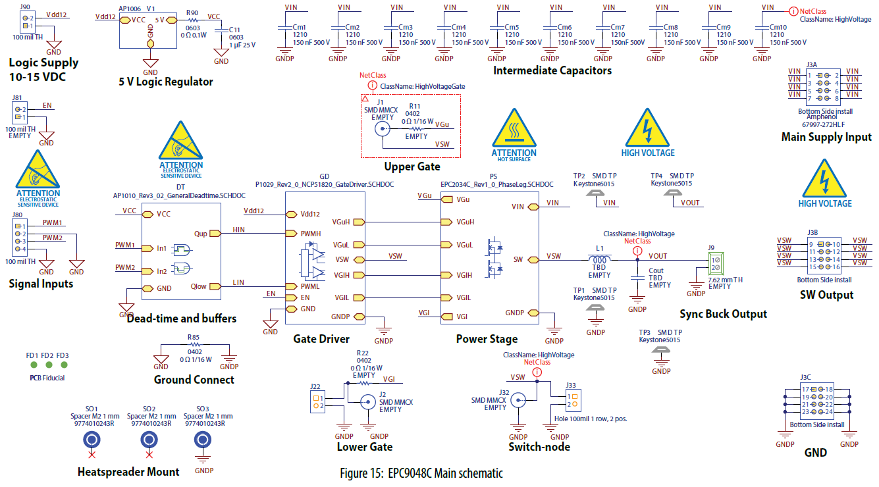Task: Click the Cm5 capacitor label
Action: (512, 27)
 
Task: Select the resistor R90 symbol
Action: (192, 20)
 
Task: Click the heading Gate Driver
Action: (322, 339)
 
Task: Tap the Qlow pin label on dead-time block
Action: (199, 286)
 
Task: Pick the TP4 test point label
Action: (656, 176)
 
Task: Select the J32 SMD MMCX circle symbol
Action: (519, 399)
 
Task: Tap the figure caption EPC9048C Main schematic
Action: (421, 473)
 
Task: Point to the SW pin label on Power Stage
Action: (518, 259)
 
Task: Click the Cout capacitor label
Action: (656, 270)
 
